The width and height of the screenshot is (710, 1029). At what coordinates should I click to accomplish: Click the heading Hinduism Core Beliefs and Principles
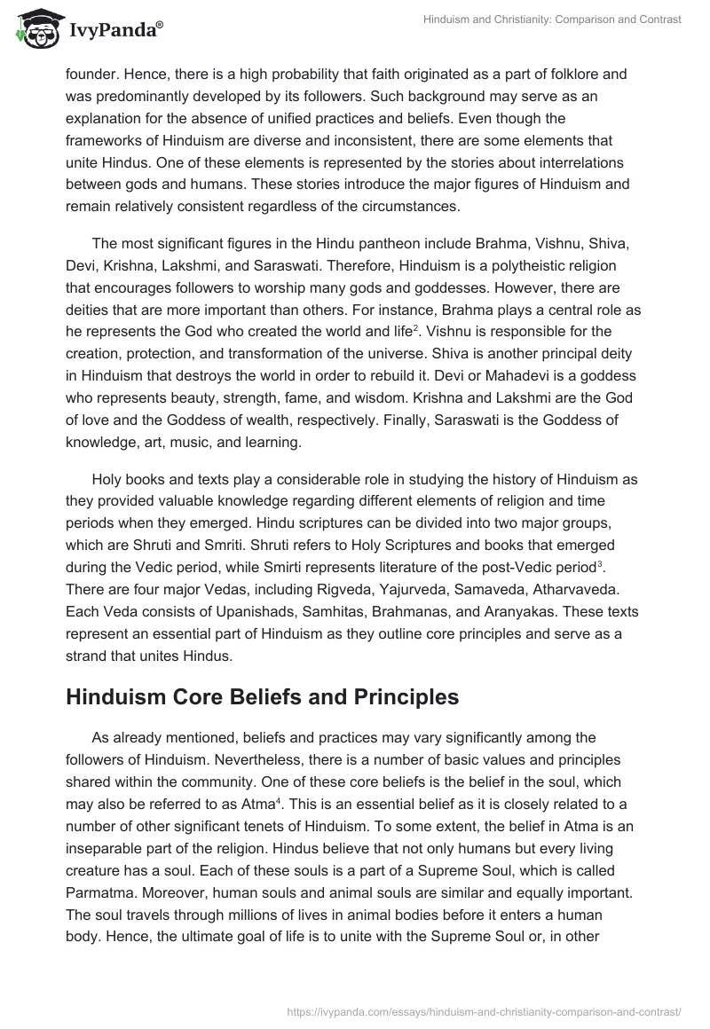pyautogui.click(x=262, y=696)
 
